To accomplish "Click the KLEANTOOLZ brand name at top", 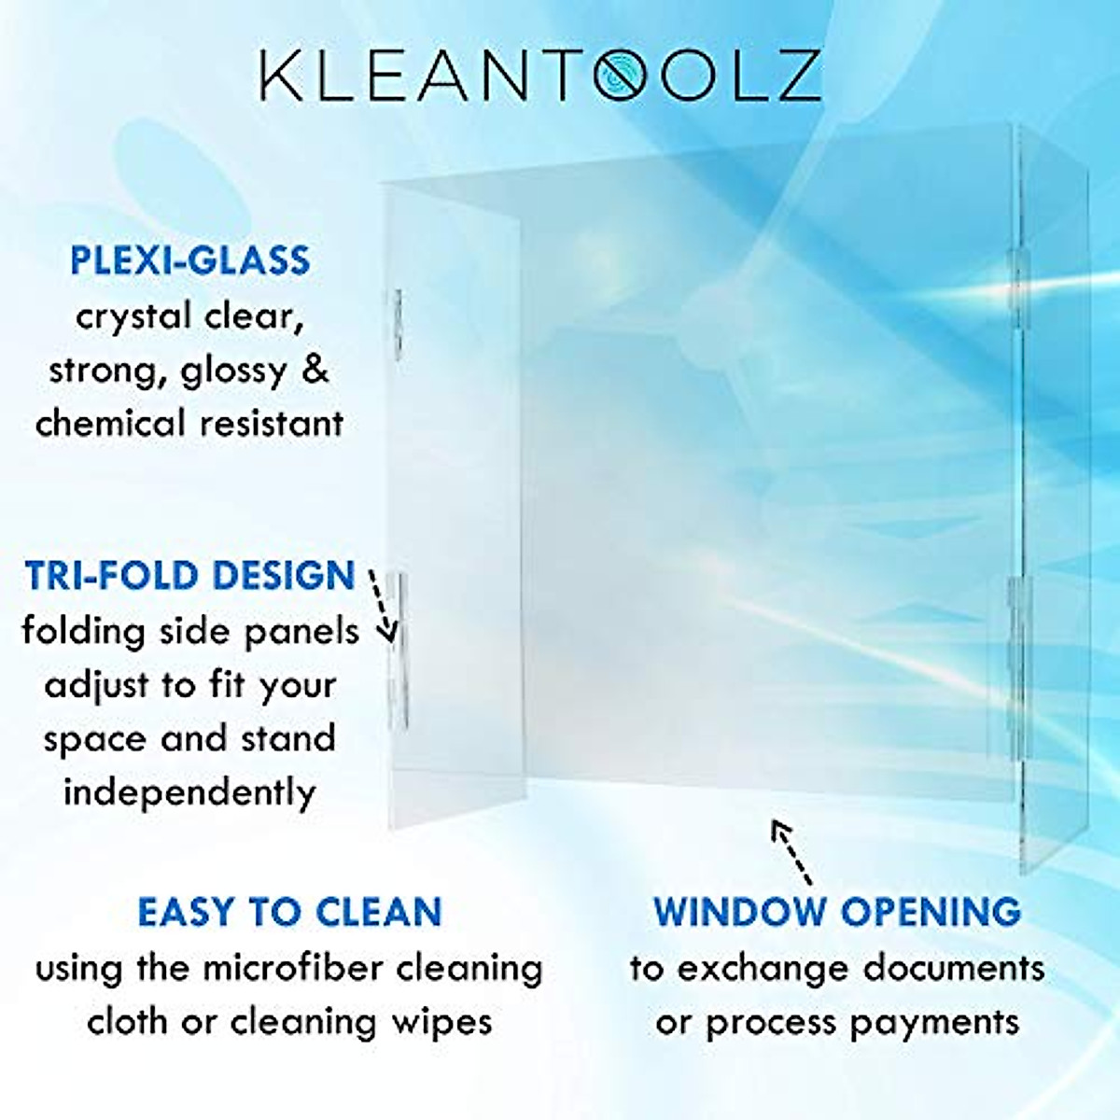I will pyautogui.click(x=539, y=76).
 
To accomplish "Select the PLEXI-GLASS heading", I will pyautogui.click(x=190, y=260).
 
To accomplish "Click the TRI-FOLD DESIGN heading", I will pyautogui.click(x=190, y=576).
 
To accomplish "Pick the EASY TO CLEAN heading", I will pyautogui.click(x=289, y=912).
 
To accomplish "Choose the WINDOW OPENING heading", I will pyautogui.click(x=836, y=912).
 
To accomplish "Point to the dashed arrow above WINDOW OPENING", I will pyautogui.click(x=791, y=851).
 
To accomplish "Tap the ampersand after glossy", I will pyautogui.click(x=316, y=370).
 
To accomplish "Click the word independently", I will pyautogui.click(x=190, y=793).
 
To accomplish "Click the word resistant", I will pyautogui.click(x=273, y=424).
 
